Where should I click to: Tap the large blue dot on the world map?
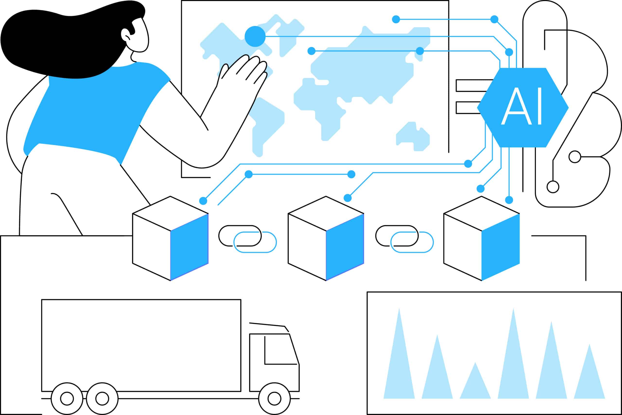(255, 36)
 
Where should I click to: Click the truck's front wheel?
(274, 398)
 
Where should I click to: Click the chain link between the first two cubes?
(248, 239)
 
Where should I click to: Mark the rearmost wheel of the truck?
(67, 398)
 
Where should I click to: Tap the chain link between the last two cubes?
(404, 239)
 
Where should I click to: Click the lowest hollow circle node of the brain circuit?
(553, 187)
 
